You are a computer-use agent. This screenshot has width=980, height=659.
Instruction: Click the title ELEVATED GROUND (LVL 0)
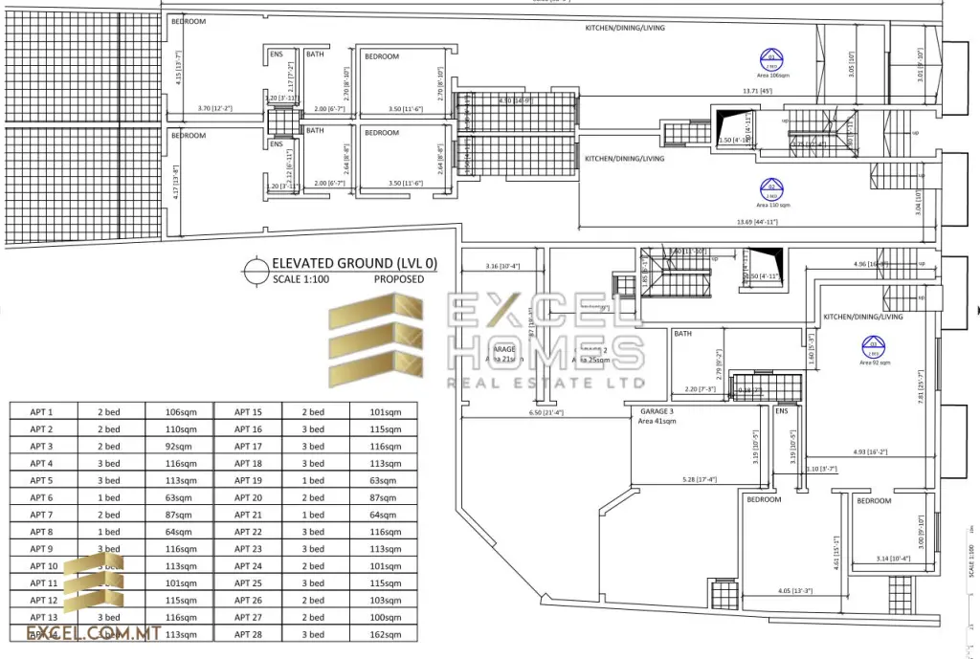point(346,263)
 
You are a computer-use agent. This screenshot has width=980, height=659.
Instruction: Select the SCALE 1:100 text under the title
point(301,279)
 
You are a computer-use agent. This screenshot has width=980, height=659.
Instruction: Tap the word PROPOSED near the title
point(398,279)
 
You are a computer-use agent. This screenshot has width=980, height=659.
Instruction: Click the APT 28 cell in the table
point(248,633)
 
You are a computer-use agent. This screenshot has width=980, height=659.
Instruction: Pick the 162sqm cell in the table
point(383,633)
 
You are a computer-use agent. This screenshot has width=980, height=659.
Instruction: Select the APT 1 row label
point(41,411)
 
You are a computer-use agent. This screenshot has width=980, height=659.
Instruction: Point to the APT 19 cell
point(248,480)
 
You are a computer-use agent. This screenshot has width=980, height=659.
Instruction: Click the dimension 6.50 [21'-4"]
point(546,413)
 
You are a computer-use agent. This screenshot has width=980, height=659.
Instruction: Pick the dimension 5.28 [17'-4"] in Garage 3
point(701,479)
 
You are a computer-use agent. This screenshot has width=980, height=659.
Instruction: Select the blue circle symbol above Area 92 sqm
point(872,345)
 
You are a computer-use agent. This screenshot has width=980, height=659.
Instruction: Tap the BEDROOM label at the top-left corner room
point(188,21)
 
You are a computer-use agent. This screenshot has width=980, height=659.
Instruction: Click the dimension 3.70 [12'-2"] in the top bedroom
point(214,108)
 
